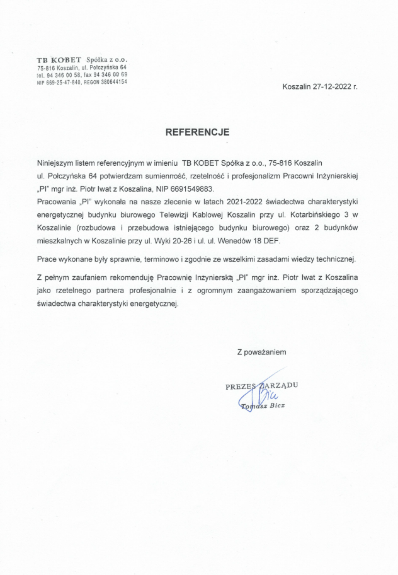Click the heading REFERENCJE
[198, 132]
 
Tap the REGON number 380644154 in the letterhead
[111, 81]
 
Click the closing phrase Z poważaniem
[261, 352]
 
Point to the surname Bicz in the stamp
[277, 405]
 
